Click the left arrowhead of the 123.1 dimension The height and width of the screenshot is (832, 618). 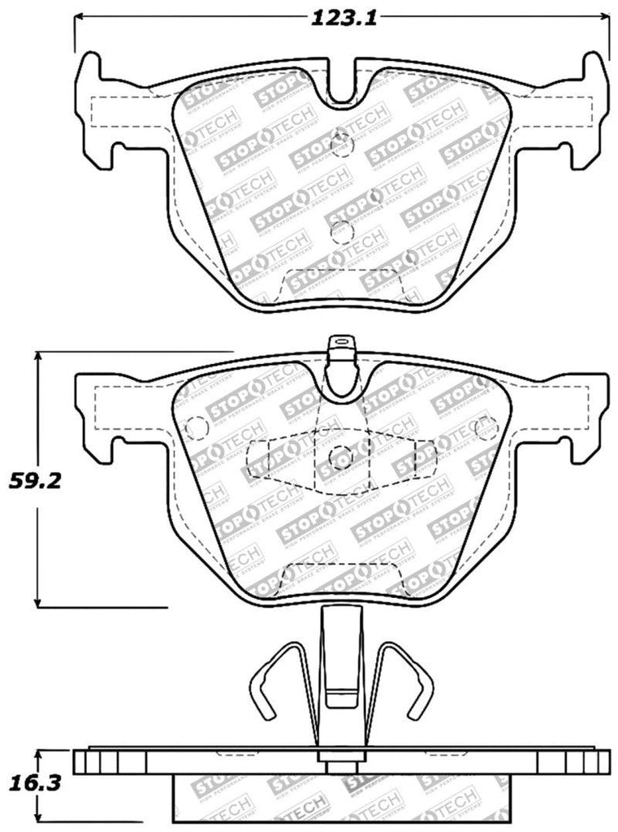coord(79,18)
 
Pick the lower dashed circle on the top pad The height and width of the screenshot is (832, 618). coord(342,232)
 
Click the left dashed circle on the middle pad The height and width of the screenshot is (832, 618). coord(196,427)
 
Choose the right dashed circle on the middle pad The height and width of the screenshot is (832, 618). coord(486,426)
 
